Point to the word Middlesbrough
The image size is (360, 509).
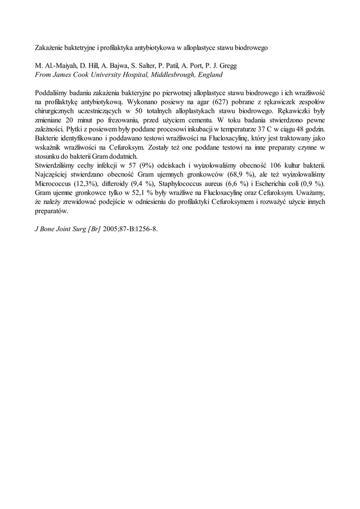(x=172, y=75)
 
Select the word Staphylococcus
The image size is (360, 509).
(x=181, y=183)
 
